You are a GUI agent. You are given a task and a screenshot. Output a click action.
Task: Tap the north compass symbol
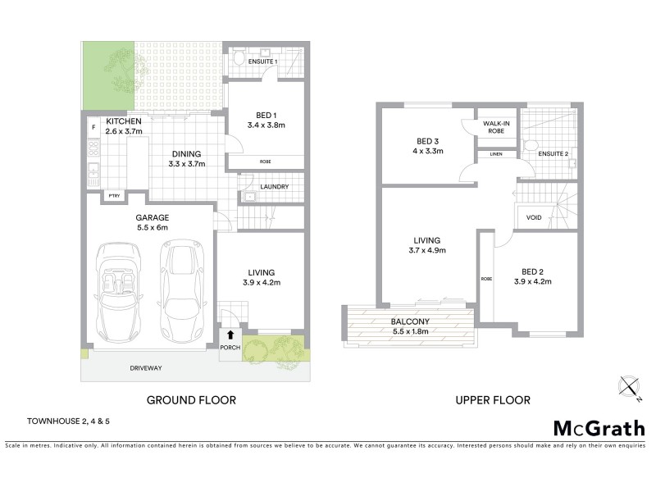coord(628,387)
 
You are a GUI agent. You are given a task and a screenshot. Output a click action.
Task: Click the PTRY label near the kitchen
coord(112,197)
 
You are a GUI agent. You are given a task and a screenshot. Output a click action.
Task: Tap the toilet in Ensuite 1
coord(239,59)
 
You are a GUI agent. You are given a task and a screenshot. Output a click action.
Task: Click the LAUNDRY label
coord(273,187)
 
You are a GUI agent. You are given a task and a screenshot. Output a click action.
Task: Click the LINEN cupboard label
coord(495,154)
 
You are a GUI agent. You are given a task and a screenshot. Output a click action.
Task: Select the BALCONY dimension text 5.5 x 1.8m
coord(409,331)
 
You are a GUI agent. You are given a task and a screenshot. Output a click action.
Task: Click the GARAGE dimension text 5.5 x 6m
coord(152,228)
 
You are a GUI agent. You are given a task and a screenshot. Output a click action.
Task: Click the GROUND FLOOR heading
coord(191,400)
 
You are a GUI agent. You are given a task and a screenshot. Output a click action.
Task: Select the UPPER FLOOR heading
coord(492,400)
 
